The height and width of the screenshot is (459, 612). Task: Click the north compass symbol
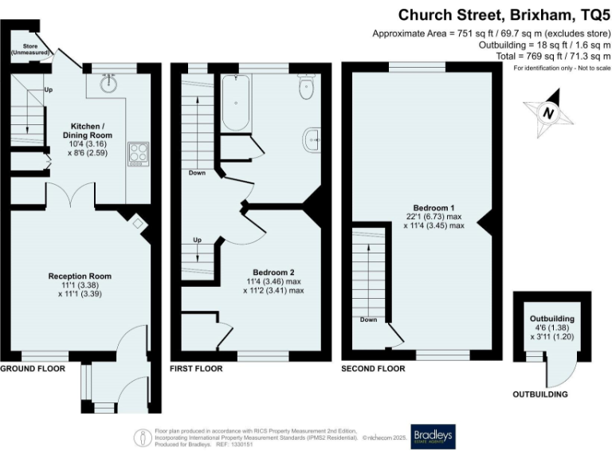(x=548, y=113)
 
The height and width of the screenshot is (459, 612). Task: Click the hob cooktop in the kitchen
(x=137, y=151)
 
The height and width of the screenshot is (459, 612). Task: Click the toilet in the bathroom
(x=306, y=87)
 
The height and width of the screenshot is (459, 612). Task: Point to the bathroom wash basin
(x=312, y=139)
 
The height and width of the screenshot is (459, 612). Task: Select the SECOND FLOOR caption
(x=372, y=369)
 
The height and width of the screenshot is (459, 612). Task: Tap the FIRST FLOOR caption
(x=196, y=369)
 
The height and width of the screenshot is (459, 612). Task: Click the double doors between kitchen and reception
(x=71, y=196)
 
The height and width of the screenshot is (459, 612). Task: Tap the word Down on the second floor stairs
(x=368, y=320)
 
